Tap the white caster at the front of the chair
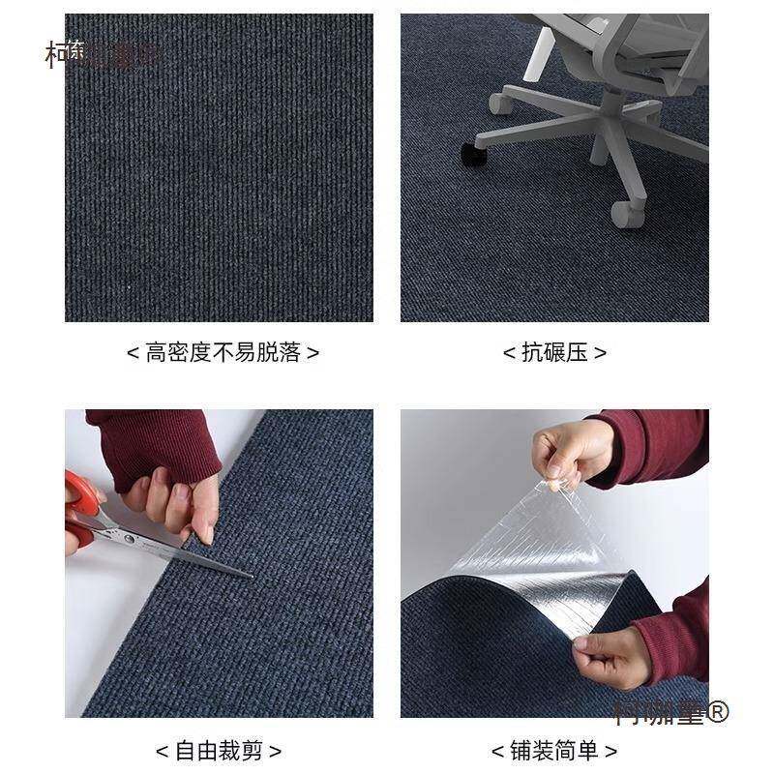click(x=624, y=213)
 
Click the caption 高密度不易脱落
click(x=223, y=353)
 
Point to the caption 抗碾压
click(x=554, y=353)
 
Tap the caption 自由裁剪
click(x=219, y=751)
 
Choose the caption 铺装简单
click(x=554, y=751)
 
